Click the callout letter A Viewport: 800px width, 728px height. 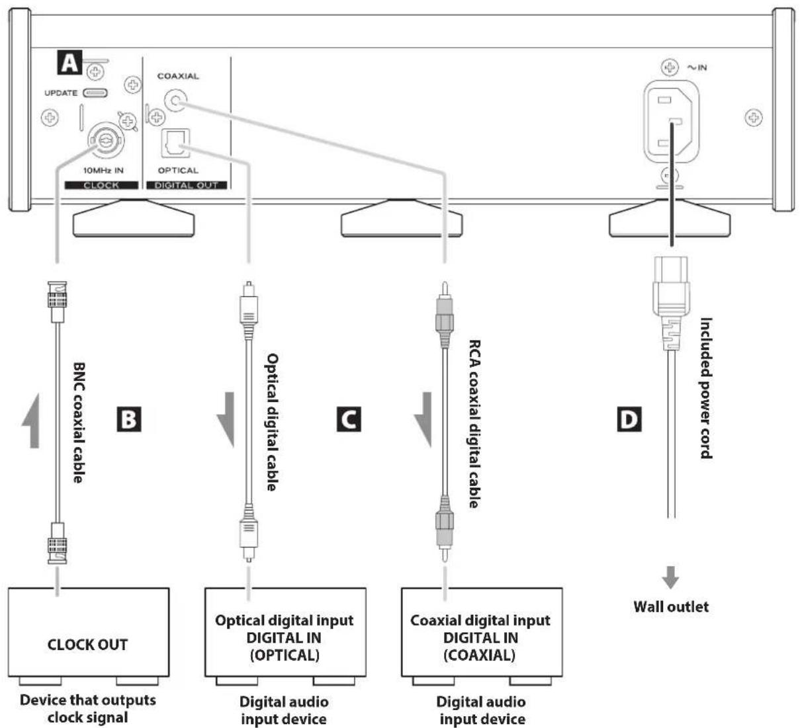tap(69, 63)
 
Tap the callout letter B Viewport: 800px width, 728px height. tap(129, 419)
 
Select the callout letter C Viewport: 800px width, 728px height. tap(349, 419)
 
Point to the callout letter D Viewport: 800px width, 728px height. tap(629, 419)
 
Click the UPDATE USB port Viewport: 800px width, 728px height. tap(95, 93)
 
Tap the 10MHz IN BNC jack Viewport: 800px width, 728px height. tap(106, 140)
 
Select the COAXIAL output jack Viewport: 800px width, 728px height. tap(175, 100)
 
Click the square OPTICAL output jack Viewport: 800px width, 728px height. tap(175, 143)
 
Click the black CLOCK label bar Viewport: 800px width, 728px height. tap(102, 185)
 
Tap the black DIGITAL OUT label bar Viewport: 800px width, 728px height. tap(187, 185)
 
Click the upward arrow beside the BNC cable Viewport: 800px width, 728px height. tap(32, 421)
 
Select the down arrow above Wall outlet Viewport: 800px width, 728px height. tap(670, 577)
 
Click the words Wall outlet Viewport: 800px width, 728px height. tap(671, 607)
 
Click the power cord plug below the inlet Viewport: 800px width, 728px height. tap(672, 303)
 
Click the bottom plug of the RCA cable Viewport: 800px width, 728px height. tap(445, 528)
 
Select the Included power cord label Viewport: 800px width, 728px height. tap(706, 388)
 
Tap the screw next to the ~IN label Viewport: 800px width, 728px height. tap(670, 67)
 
